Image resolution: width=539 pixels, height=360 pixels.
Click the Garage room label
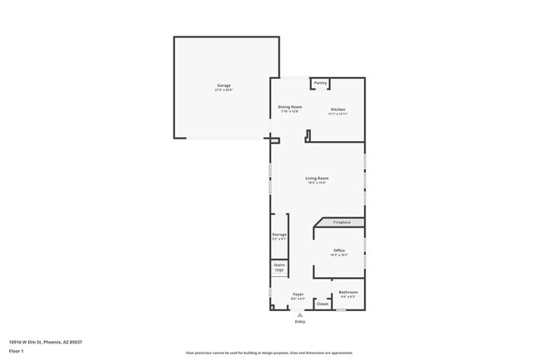[x=224, y=85]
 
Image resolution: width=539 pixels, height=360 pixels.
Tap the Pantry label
[x=320, y=83]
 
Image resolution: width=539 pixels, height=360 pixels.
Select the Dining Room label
[x=289, y=107]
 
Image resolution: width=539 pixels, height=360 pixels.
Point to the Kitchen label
[x=338, y=109]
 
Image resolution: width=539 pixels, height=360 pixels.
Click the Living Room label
[x=317, y=178]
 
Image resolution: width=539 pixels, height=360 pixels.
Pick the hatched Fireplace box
[x=342, y=222]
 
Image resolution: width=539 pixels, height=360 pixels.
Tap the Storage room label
[x=279, y=235]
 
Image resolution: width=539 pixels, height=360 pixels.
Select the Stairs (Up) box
[x=279, y=267]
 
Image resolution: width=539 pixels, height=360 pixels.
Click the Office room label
[x=339, y=251]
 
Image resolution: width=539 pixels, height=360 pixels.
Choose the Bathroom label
[x=348, y=292]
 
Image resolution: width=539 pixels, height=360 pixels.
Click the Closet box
[x=323, y=304]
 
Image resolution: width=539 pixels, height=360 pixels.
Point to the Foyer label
[x=298, y=294]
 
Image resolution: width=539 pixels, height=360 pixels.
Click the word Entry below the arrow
[x=300, y=322]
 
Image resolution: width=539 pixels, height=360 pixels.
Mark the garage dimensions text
[x=224, y=90]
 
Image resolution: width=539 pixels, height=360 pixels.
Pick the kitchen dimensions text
[x=338, y=114]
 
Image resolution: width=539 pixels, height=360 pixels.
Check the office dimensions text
[x=339, y=255]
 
